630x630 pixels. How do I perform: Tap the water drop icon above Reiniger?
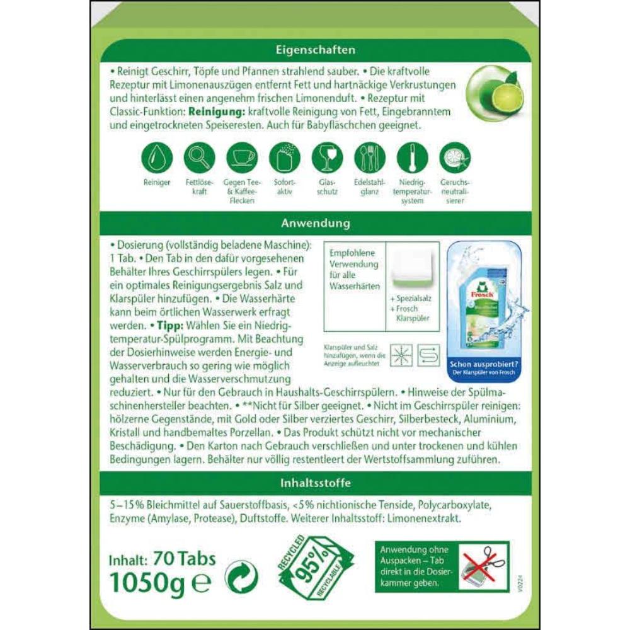pyautogui.click(x=156, y=157)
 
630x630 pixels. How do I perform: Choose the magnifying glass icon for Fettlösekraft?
pyautogui.click(x=199, y=157)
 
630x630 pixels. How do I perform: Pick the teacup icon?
pyautogui.click(x=242, y=157)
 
